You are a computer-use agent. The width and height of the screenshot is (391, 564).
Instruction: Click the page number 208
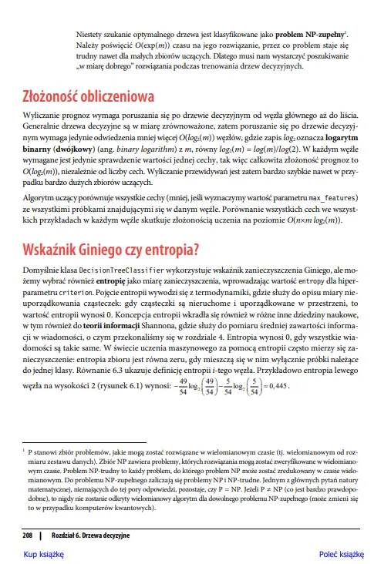pyautogui.click(x=27, y=535)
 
